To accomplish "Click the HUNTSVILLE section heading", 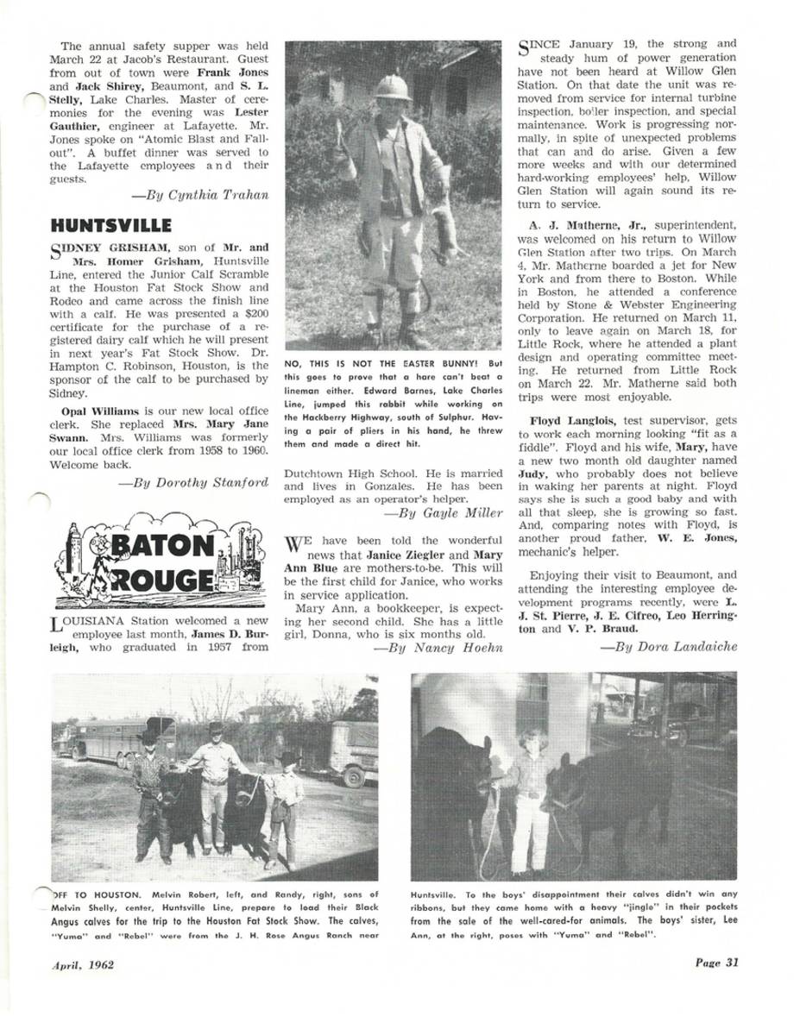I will pyautogui.click(x=111, y=226).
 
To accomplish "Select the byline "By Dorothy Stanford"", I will pyautogui.click(x=192, y=483).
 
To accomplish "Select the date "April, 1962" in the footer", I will pyautogui.click(x=83, y=964).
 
